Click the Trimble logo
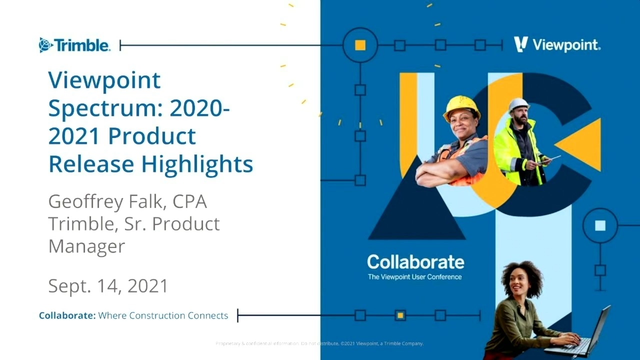click(x=74, y=45)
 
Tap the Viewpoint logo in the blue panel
click(x=557, y=45)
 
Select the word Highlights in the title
click(x=197, y=164)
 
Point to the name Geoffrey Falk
click(x=107, y=201)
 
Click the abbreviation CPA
click(x=190, y=201)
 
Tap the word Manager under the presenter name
click(x=86, y=245)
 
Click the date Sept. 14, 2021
click(x=108, y=286)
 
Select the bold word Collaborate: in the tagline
click(x=67, y=315)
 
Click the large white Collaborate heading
click(x=415, y=261)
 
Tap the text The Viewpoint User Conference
click(x=414, y=277)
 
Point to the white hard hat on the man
click(x=518, y=104)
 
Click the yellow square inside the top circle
click(x=360, y=45)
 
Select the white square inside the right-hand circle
click(x=600, y=225)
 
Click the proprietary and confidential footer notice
click(x=319, y=343)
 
